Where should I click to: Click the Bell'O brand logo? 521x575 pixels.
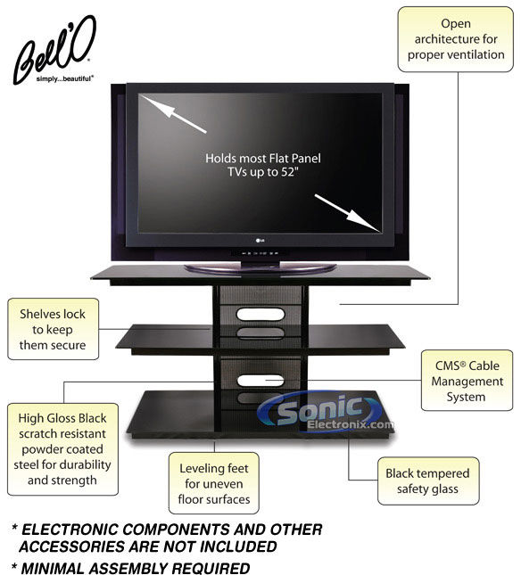(55, 50)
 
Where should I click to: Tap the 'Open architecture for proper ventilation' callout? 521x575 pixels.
(455, 39)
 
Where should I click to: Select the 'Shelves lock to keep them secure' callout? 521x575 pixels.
(54, 329)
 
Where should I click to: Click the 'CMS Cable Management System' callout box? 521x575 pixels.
(467, 381)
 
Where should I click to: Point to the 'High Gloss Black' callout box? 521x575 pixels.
(62, 449)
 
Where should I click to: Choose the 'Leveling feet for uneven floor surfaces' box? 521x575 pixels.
(214, 483)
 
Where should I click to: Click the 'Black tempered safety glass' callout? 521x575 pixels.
(428, 481)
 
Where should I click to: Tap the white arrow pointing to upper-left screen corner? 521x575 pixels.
(172, 113)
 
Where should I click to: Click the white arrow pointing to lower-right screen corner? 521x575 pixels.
(347, 213)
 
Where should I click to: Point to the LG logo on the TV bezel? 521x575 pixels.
(260, 241)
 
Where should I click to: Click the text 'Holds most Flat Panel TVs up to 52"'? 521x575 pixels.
(262, 165)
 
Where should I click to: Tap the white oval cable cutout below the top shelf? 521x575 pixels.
(260, 315)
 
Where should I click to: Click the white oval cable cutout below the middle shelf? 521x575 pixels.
(260, 381)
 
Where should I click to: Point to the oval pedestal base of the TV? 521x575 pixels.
(260, 268)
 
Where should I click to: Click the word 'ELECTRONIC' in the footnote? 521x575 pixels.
(70, 530)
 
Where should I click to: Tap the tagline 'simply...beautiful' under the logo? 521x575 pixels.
(65, 78)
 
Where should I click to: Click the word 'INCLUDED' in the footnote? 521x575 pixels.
(239, 546)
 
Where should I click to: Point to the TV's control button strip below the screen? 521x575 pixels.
(259, 253)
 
